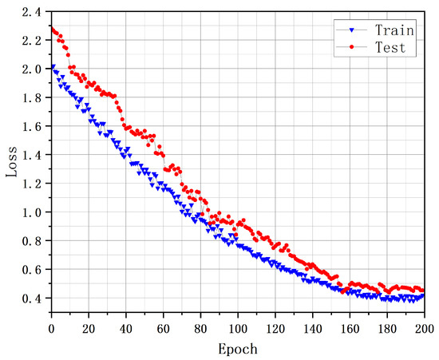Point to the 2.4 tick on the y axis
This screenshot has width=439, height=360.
tap(31, 12)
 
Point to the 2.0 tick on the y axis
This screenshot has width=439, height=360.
tap(31, 69)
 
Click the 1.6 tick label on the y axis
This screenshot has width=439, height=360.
tap(31, 127)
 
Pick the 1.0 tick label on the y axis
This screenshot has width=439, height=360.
tap(31, 213)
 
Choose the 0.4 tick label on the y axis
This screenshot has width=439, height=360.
tap(31, 299)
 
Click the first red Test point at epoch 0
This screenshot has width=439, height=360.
tap(52, 30)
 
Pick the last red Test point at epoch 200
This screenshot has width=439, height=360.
tap(423, 291)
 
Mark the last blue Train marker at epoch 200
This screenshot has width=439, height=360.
tap(423, 295)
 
